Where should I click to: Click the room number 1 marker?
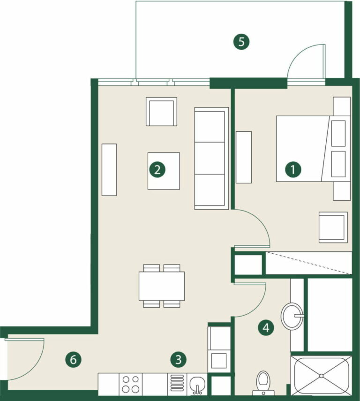(x=293, y=169)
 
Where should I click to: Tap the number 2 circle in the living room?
(x=157, y=169)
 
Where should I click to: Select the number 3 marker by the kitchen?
(x=178, y=360)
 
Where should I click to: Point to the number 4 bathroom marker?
(x=266, y=328)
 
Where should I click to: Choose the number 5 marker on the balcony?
(x=241, y=42)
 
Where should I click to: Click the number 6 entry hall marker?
(x=73, y=360)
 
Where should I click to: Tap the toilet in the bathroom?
(x=263, y=383)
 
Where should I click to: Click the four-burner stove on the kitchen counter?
(x=130, y=384)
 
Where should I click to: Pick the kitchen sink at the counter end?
(x=197, y=385)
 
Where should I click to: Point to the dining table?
(x=162, y=286)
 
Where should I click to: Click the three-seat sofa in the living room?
(x=211, y=159)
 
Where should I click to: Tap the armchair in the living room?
(x=161, y=112)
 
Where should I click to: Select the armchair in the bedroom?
(x=333, y=227)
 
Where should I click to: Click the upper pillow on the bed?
(x=338, y=134)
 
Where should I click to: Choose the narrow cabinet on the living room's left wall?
(x=109, y=170)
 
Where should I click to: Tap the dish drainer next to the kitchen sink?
(x=177, y=385)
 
